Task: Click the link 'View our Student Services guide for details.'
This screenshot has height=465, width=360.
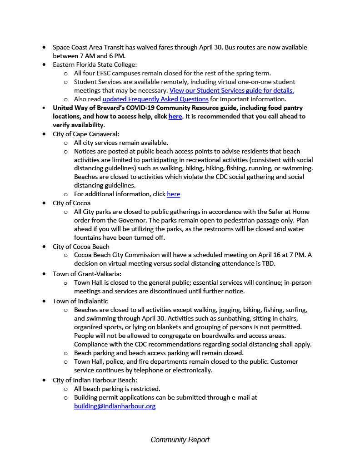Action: click(231, 90)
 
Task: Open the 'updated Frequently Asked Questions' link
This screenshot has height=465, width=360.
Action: click(155, 99)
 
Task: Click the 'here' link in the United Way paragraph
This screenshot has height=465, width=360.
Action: click(175, 116)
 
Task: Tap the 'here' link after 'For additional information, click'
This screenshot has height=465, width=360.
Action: click(173, 194)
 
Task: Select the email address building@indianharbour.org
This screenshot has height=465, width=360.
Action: click(115, 406)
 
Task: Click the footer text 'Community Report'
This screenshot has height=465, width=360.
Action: click(180, 440)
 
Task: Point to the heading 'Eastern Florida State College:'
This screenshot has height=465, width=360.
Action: click(95, 64)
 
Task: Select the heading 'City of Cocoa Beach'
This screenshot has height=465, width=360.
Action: click(81, 246)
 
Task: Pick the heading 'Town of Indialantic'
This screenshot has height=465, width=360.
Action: click(80, 301)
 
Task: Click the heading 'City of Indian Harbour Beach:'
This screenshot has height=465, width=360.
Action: click(95, 380)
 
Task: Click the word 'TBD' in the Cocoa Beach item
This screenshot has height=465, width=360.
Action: click(268, 263)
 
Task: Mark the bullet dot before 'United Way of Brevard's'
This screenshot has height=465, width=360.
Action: click(44, 108)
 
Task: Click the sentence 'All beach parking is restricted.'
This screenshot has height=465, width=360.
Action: click(117, 389)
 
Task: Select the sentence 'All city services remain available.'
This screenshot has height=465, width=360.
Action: click(121, 143)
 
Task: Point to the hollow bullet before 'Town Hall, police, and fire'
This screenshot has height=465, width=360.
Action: click(66, 362)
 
